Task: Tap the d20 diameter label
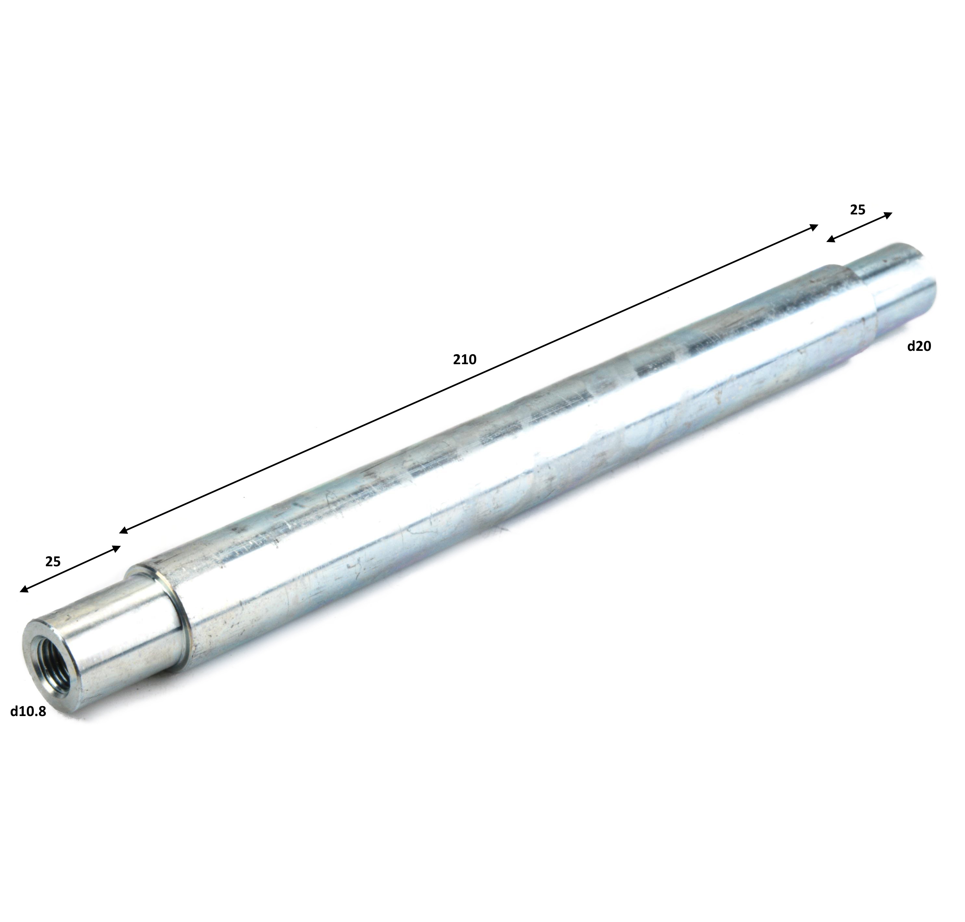tap(919, 347)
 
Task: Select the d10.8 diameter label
tap(28, 711)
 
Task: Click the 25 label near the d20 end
tap(857, 210)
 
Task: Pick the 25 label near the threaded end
tap(53, 562)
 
